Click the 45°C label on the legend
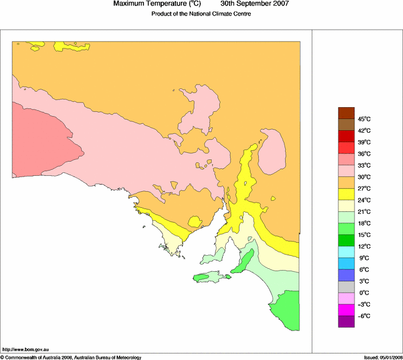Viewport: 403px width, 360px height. point(363,119)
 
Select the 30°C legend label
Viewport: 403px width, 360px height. point(363,177)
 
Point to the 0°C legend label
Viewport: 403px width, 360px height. point(363,292)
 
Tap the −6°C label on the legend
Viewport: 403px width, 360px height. point(363,316)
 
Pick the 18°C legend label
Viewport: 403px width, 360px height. point(363,223)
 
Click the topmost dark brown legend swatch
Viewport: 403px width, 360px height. point(346,112)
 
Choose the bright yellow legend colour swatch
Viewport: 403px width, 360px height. point(346,194)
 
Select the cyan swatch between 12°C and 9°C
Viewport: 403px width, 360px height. point(346,252)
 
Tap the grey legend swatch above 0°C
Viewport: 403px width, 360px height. point(346,286)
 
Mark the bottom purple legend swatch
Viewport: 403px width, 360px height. point(346,321)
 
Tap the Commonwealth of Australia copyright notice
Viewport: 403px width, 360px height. point(71,357)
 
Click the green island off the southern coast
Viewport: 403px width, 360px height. point(208,277)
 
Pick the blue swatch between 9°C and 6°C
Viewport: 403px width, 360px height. point(346,263)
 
